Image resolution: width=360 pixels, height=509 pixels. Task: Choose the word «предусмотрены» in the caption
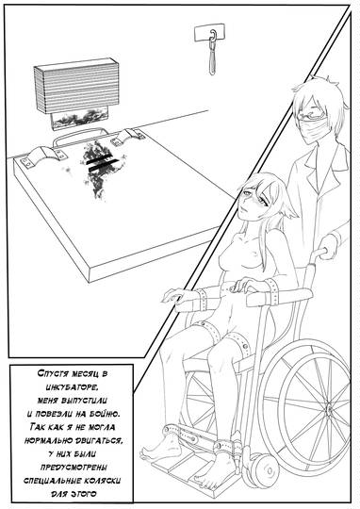(x=74, y=467)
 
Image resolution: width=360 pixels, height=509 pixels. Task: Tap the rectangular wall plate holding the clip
(x=209, y=32)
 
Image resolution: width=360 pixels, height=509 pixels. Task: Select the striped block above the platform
(x=76, y=86)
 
